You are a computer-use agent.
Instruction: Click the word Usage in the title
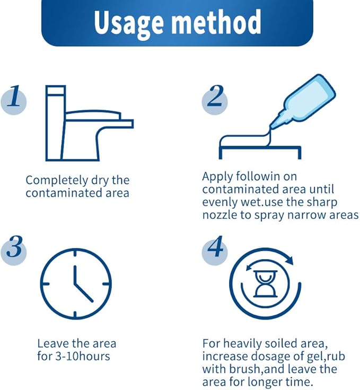[x=129, y=23]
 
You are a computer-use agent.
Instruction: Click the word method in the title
[x=216, y=22]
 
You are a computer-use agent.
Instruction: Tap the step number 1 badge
[x=14, y=100]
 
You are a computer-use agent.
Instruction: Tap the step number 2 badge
[x=215, y=100]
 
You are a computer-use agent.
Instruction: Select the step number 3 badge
[x=14, y=250]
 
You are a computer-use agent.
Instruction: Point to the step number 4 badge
[x=215, y=250]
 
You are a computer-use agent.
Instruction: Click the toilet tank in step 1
[x=55, y=123]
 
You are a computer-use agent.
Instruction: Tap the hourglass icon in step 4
[x=265, y=283]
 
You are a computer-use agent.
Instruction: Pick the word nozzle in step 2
[x=219, y=215]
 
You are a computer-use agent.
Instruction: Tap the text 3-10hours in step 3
[x=83, y=356]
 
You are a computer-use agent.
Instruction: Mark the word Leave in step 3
[x=52, y=344]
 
